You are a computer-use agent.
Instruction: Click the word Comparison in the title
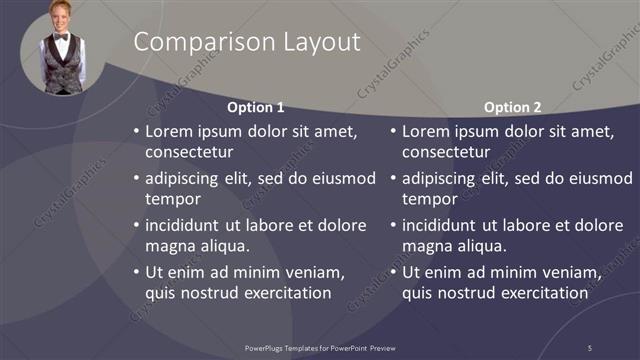coord(194,42)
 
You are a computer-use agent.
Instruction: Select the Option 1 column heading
coord(255,107)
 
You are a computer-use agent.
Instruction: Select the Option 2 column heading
coord(512,107)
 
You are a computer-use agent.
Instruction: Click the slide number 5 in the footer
coord(589,347)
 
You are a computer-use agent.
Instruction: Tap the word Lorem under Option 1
coord(170,131)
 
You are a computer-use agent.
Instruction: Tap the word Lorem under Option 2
coord(427,131)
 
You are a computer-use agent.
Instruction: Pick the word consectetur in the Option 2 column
coord(446,153)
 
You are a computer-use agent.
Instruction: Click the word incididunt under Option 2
coord(446,225)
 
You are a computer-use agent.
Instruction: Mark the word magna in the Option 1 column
coord(169,246)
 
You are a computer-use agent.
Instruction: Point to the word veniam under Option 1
coord(316,272)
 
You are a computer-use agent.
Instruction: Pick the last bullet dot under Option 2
coord(394,272)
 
